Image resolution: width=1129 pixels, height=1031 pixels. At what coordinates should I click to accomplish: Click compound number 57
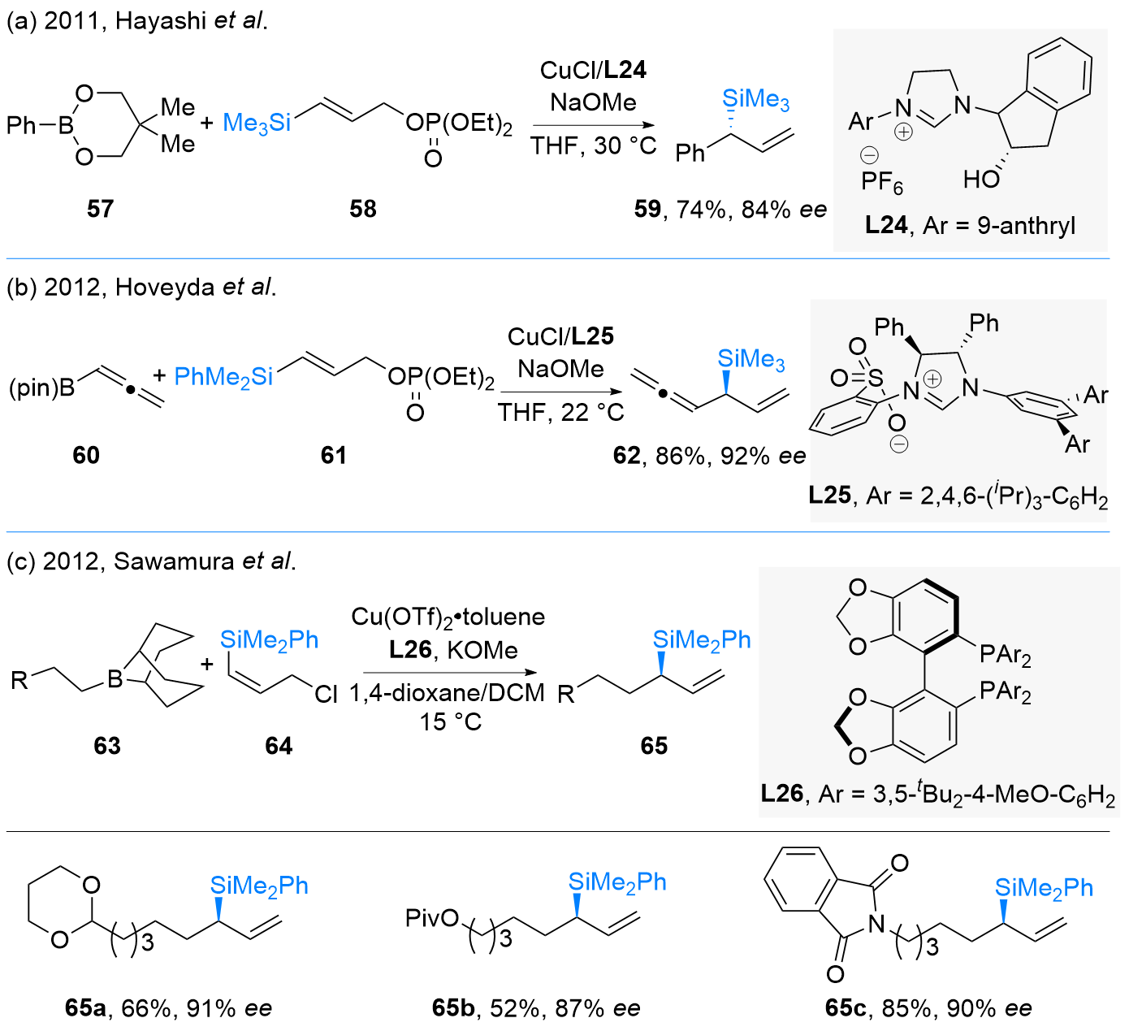100,209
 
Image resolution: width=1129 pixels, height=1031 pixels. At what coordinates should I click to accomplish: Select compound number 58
363,209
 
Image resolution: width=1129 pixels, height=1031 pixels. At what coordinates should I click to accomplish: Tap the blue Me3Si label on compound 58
257,123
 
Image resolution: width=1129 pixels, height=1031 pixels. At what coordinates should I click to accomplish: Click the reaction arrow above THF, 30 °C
593,125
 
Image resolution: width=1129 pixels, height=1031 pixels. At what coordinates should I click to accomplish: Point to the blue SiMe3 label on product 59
755,100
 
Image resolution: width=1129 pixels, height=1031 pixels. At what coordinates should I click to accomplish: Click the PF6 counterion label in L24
882,182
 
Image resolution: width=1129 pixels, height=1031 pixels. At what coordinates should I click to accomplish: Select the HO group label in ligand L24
981,179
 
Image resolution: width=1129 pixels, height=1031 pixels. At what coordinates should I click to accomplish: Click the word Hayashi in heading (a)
162,20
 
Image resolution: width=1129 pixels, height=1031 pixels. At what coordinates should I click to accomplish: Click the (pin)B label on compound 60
41,388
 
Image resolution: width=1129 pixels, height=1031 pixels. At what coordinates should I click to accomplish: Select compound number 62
627,455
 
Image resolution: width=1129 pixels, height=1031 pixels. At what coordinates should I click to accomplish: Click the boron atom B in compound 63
115,678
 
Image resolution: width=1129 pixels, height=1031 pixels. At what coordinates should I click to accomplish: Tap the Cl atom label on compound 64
326,694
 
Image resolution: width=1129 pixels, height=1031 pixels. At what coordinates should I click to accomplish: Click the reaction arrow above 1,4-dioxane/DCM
450,673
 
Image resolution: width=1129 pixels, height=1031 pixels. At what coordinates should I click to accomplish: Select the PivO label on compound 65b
432,918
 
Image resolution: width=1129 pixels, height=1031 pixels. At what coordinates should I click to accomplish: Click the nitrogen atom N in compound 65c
876,923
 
